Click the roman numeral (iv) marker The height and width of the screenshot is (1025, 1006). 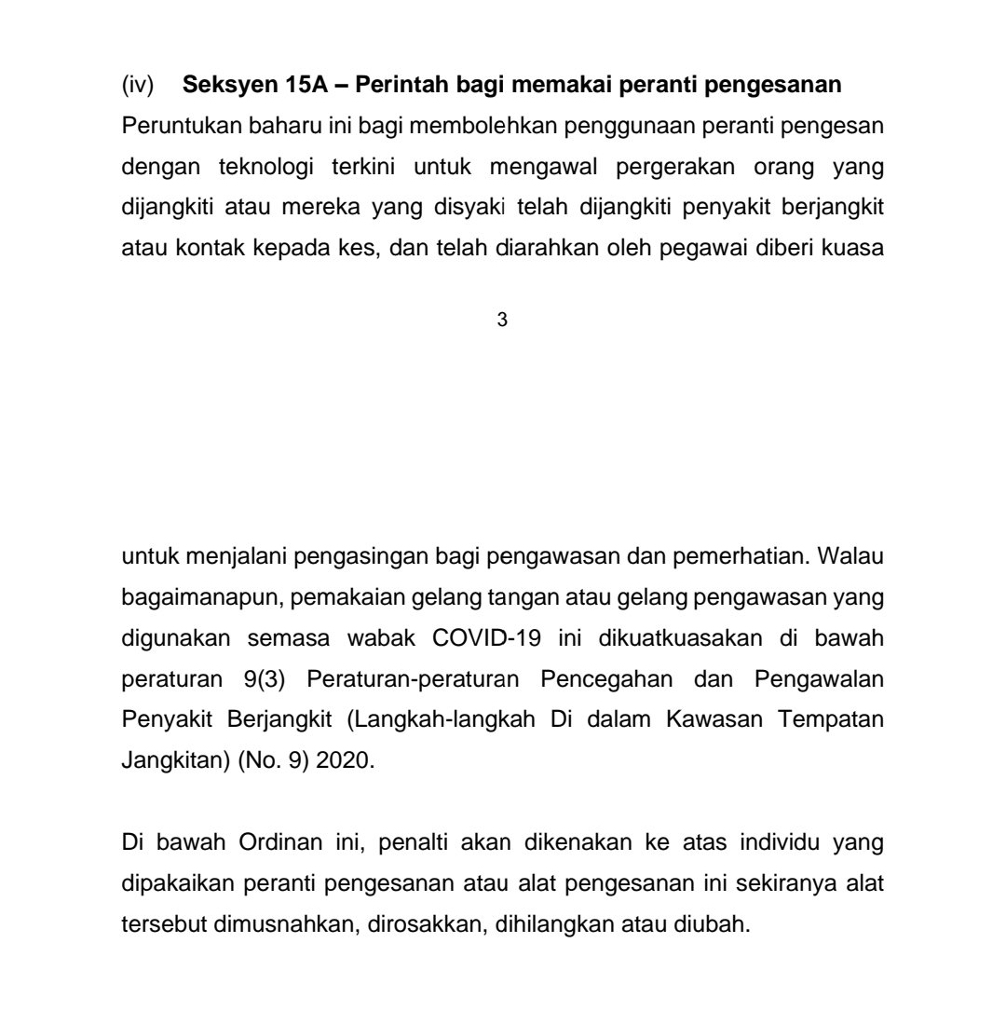pyautogui.click(x=138, y=86)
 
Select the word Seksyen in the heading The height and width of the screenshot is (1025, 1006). pyautogui.click(x=224, y=86)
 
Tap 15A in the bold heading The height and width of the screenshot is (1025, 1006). pyautogui.click(x=294, y=86)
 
